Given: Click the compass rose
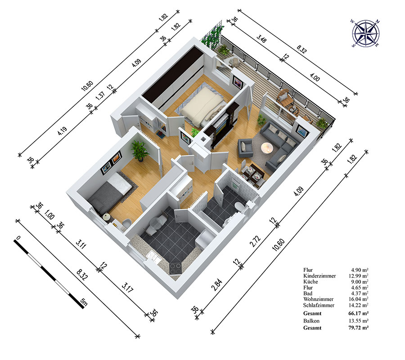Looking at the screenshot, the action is pyautogui.click(x=365, y=34).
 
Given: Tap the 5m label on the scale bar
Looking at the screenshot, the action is pyautogui.click(x=84, y=301).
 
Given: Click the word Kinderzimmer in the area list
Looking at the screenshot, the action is pyautogui.click(x=319, y=276).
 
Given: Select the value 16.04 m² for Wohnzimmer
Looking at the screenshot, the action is pyautogui.click(x=359, y=299).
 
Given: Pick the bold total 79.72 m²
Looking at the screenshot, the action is pyautogui.click(x=359, y=328).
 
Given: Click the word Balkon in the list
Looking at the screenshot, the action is pyautogui.click(x=311, y=321).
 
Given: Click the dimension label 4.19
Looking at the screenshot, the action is pyautogui.click(x=62, y=131).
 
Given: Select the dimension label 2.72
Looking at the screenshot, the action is pyautogui.click(x=255, y=241).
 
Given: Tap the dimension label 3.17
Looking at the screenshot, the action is pyautogui.click(x=127, y=288).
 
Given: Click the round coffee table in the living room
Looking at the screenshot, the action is pyautogui.click(x=267, y=148).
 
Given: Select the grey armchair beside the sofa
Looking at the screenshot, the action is pyautogui.click(x=245, y=148).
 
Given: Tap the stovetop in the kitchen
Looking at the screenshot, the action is pyautogui.click(x=175, y=268).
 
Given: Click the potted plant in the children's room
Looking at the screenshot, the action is pyautogui.click(x=140, y=151).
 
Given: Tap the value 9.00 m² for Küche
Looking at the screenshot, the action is pyautogui.click(x=359, y=282).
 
